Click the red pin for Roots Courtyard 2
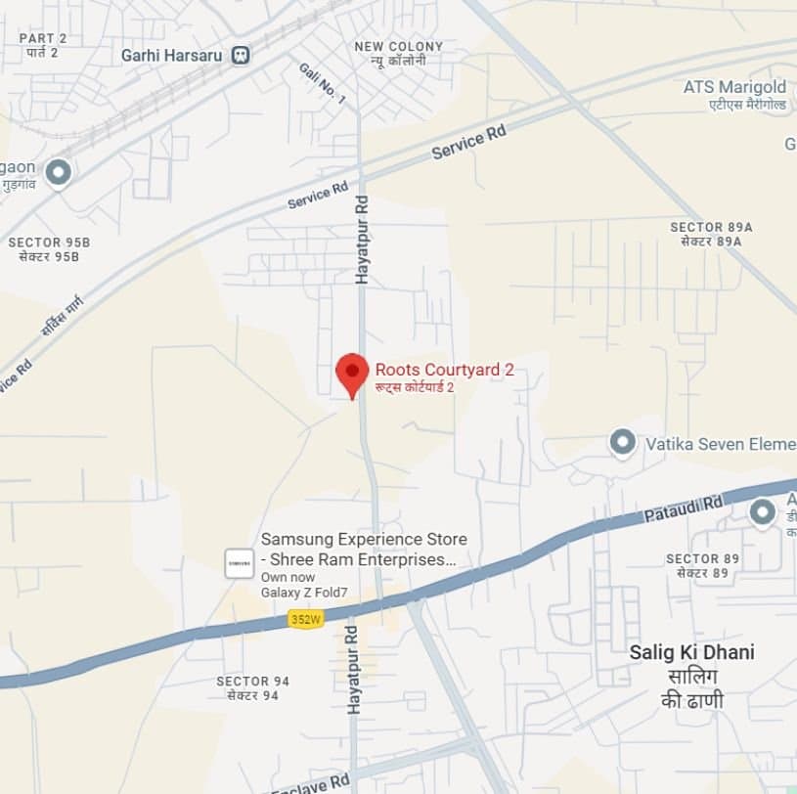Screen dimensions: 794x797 point(352,373)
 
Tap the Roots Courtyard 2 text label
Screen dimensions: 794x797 point(445,370)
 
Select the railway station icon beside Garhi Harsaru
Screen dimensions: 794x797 point(240,56)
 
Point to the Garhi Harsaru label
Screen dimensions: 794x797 point(172,56)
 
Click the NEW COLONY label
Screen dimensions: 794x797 point(398,47)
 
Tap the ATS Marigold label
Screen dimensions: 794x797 point(734,87)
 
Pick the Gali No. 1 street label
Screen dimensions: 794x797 point(323,82)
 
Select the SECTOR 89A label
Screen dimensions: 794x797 point(711,227)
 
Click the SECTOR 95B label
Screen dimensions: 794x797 point(49,243)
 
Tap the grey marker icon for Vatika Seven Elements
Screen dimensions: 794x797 point(623,444)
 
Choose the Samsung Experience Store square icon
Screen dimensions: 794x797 point(240,562)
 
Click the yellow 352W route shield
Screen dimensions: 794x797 point(305,619)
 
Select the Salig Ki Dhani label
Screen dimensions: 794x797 point(691,652)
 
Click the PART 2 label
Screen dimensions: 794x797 point(43,38)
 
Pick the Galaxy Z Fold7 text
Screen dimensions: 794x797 point(303,593)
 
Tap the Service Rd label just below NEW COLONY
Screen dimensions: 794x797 point(469,144)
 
